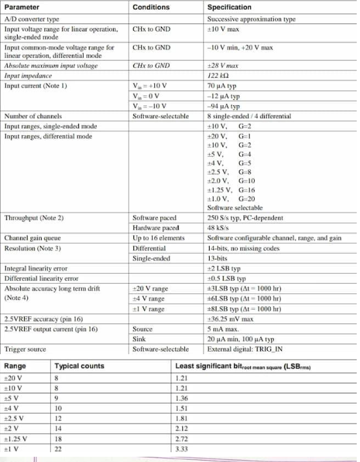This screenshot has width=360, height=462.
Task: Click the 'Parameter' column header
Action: coord(22,7)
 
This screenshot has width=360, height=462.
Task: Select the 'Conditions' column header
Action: coord(150,7)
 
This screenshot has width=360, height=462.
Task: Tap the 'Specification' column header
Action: coord(229,7)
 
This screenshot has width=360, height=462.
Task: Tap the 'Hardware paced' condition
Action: coord(155,227)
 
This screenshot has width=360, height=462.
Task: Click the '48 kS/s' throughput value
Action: coord(217,227)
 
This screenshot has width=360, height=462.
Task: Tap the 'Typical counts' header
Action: coord(79,366)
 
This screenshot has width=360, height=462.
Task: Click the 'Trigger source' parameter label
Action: coord(25,349)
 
